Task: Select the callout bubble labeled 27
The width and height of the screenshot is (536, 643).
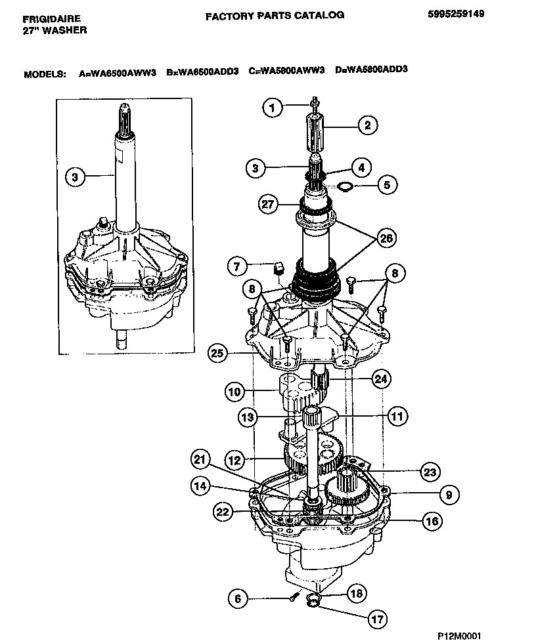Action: pos(267,204)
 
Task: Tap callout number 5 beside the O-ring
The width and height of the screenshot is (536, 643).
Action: pos(387,186)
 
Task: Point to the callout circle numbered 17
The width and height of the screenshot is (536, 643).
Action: pos(376,618)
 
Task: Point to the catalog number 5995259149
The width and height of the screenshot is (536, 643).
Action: pos(454,13)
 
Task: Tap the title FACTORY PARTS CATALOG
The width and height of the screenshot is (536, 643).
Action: pos(275,16)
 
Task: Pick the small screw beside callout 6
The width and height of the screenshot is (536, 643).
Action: pos(292,596)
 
